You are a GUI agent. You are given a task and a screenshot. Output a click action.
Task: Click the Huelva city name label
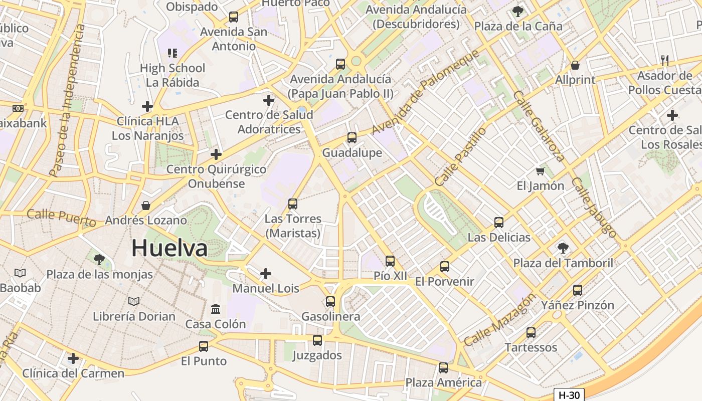coord(169,248)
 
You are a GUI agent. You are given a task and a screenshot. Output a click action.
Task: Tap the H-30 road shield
coord(569,395)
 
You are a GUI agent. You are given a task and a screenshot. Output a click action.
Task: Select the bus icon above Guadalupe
coord(352,137)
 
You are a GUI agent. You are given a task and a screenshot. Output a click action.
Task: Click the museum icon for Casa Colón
coord(216,309)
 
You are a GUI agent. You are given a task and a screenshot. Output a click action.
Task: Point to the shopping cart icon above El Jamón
coord(540,171)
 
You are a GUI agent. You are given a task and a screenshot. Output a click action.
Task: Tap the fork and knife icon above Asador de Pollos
coord(665,61)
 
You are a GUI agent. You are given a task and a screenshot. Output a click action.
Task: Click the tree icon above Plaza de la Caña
coord(518,11)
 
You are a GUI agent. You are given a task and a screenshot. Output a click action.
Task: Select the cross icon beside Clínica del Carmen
coord(73,358)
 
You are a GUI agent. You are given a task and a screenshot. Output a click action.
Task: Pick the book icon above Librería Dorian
coord(134,301)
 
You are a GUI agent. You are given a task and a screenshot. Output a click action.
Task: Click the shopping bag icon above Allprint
coord(575,65)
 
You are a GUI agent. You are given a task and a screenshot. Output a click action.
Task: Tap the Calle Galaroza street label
coord(540,126)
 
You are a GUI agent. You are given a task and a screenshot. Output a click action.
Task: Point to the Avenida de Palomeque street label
coord(426,92)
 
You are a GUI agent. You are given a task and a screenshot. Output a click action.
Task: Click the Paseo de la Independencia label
coord(67,100)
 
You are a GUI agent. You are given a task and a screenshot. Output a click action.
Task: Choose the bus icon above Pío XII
coord(390,261)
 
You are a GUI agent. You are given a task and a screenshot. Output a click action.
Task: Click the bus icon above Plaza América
coord(443,368)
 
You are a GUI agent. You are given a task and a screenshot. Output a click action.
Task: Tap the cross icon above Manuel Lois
coord(266,274)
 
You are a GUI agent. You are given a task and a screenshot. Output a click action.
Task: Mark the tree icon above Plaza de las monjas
coord(99,259)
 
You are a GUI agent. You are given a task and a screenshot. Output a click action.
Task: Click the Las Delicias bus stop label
coord(499,237)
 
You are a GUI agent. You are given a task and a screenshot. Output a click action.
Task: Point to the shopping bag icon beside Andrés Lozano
coord(146,206)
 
